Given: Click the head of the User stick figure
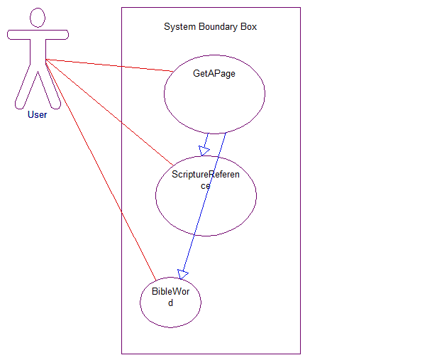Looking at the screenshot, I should pos(38,18).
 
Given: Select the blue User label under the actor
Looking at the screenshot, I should pos(37,114).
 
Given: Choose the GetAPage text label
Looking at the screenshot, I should pos(214,73).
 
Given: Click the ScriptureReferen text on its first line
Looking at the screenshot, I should pos(205,175).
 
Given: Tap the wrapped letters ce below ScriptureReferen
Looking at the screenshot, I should pos(205,185).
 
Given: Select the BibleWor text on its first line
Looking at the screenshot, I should pos(170,292).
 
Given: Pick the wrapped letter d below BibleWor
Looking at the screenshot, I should pos(170,302).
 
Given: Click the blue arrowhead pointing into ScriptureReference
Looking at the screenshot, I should pos(204,150).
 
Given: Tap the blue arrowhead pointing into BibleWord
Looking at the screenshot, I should pos(183,273).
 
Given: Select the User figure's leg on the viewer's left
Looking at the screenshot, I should pos(24,89).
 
